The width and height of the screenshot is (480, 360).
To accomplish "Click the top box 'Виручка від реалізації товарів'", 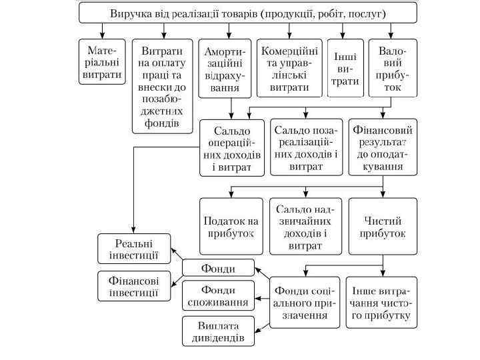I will click(247, 13).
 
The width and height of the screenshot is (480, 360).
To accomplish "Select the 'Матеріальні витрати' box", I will click(102, 63).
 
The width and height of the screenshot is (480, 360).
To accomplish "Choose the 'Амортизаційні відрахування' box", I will click(225, 69).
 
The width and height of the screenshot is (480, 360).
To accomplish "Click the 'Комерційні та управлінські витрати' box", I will click(289, 69).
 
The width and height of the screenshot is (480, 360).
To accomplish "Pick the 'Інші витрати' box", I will click(345, 69).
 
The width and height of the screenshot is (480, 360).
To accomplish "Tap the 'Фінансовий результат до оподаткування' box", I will click(383, 147).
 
